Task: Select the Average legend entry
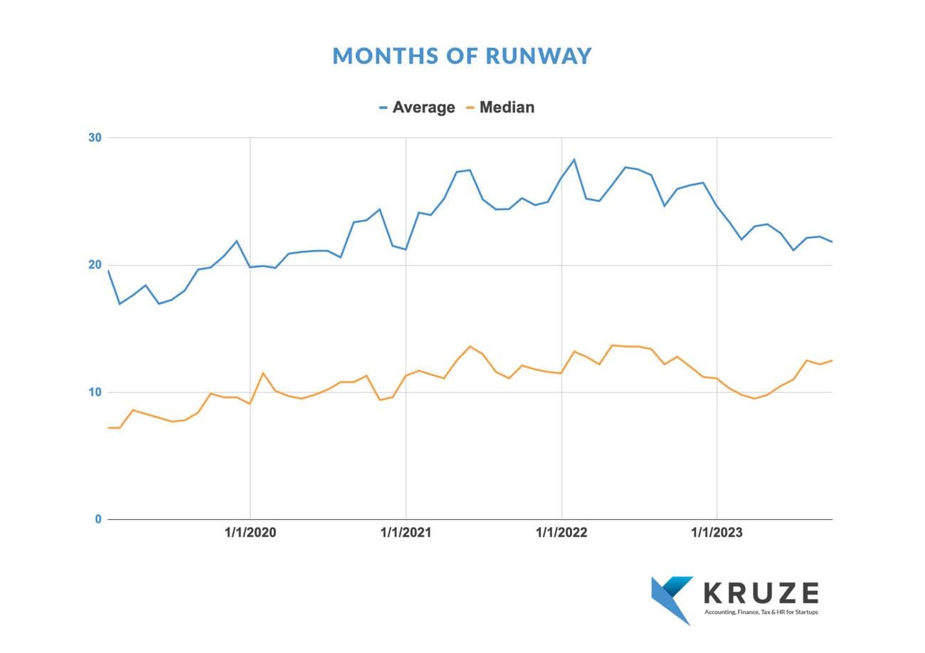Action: coord(423,108)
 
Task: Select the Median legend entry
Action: coord(507,108)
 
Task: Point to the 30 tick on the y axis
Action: coord(95,137)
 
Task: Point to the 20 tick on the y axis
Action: coord(95,265)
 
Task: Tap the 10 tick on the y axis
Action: coord(95,392)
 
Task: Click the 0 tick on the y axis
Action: coord(98,519)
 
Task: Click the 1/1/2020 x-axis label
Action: coord(250,533)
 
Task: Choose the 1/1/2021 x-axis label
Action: coord(406,533)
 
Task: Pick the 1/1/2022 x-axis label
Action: coord(561,533)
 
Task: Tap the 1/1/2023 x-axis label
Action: coord(717,533)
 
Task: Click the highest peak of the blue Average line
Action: coord(574,160)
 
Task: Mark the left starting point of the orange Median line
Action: coord(108,427)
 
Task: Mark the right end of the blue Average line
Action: coord(832,242)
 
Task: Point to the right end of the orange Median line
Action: coord(832,360)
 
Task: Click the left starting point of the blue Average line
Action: coord(108,271)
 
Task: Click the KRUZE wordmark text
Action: coord(761,592)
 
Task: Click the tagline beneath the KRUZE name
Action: coord(761,612)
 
